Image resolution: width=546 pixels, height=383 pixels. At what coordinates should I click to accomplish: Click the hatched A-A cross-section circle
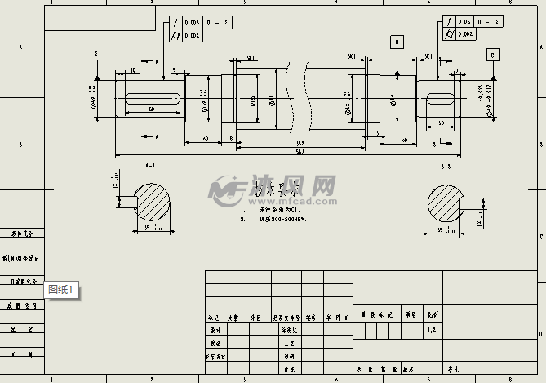pos(151,202)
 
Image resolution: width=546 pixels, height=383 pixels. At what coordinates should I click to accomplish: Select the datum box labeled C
pos(493,55)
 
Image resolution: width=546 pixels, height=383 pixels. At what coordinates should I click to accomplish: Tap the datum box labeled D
pos(397,41)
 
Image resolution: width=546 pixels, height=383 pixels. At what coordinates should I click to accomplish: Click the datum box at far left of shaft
pos(96,53)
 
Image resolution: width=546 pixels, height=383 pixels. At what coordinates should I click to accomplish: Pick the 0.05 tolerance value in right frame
pos(465,22)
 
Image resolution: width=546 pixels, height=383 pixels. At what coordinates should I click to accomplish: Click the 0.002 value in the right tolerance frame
pos(465,34)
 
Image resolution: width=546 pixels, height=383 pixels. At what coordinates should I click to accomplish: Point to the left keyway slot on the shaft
pos(153,99)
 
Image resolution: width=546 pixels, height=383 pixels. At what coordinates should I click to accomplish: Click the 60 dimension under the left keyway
pos(152,109)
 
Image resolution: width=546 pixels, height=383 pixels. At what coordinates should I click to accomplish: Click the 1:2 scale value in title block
pos(431,332)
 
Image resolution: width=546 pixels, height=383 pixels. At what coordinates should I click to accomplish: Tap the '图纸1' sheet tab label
pos(62,289)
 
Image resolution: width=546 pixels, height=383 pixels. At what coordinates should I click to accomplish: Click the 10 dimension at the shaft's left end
pos(133,71)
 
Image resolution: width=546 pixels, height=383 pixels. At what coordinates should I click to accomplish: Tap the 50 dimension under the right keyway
pos(441,122)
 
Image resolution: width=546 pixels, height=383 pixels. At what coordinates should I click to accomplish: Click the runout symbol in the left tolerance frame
pos(175,22)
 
